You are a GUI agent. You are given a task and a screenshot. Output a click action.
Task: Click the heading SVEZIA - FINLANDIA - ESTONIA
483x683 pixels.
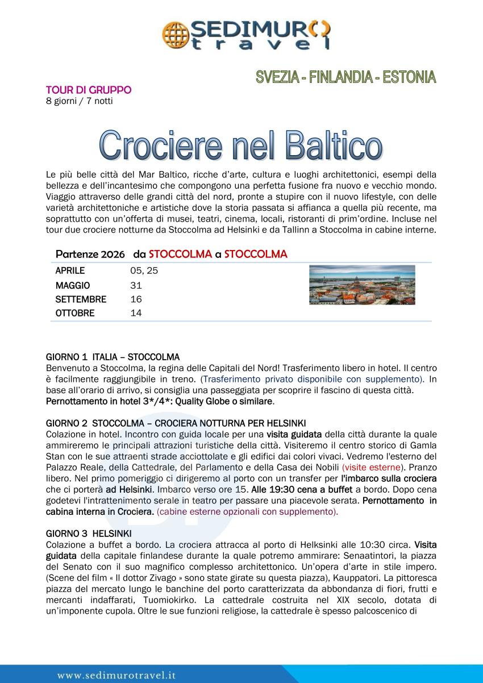(x=345, y=77)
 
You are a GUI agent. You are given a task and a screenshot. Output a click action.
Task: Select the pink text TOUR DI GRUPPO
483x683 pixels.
(x=89, y=90)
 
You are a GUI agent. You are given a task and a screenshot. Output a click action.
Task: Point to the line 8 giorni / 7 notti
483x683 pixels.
(x=79, y=101)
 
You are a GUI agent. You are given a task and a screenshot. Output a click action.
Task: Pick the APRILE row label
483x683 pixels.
(x=70, y=270)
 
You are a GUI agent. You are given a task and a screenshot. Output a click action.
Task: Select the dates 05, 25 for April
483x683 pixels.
(x=144, y=270)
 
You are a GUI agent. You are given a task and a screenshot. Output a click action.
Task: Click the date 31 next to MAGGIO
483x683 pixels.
(x=136, y=285)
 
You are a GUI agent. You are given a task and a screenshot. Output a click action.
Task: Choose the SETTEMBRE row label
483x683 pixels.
(x=81, y=299)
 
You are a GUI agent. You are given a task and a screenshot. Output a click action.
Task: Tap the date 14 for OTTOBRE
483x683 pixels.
(x=136, y=313)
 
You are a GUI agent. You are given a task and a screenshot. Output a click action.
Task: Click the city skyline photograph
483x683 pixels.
(x=362, y=285)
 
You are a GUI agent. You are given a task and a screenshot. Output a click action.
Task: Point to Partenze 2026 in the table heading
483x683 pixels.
(x=90, y=254)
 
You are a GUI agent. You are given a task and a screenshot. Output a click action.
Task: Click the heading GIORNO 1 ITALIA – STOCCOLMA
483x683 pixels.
(x=113, y=357)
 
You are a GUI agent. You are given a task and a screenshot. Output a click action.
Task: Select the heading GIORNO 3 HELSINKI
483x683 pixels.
(x=89, y=534)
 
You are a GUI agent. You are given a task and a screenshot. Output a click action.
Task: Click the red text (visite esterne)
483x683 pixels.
(x=372, y=468)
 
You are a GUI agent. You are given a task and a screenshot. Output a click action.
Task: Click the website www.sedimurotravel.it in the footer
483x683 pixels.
(x=116, y=675)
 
